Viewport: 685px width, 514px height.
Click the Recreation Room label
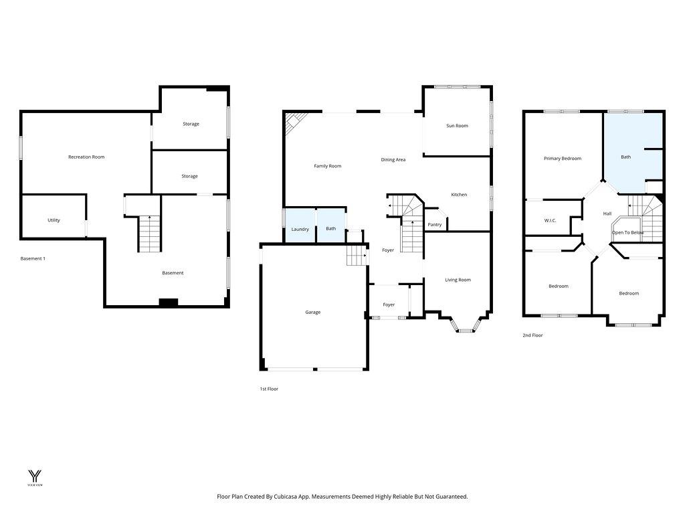click(x=86, y=157)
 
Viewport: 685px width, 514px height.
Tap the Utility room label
click(x=54, y=220)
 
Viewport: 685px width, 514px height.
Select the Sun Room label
click(x=457, y=126)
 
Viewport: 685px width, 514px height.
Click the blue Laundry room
click(x=300, y=226)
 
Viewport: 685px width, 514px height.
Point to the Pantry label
click(x=435, y=224)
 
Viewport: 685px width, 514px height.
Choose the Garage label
click(x=312, y=312)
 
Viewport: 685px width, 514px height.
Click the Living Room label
click(x=458, y=280)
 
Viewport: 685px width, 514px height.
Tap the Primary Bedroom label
click(x=562, y=159)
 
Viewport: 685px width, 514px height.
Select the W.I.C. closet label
click(x=550, y=220)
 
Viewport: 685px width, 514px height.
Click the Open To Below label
click(x=627, y=232)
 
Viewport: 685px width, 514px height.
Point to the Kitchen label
click(x=459, y=195)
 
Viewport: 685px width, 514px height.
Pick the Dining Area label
click(x=393, y=159)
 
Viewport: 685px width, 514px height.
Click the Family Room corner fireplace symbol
click(x=293, y=121)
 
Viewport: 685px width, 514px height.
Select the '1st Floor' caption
click(x=269, y=389)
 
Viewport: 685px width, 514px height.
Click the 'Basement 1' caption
click(x=33, y=258)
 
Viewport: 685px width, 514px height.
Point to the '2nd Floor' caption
click(x=532, y=335)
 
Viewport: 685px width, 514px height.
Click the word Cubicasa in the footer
click(x=302, y=497)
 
